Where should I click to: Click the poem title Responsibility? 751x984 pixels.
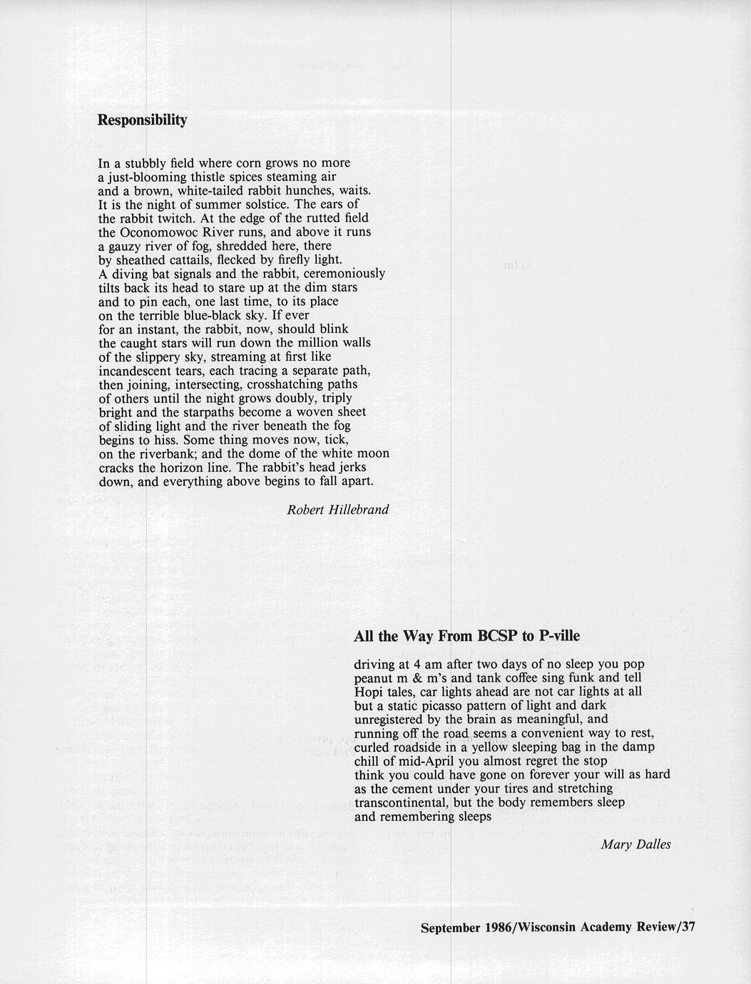(142, 120)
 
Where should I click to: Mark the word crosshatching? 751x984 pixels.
(287, 384)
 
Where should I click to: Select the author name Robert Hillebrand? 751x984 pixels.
(337, 509)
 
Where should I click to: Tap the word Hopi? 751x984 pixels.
(367, 692)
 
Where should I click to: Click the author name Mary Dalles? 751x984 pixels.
(635, 845)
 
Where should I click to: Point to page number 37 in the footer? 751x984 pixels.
(688, 927)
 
